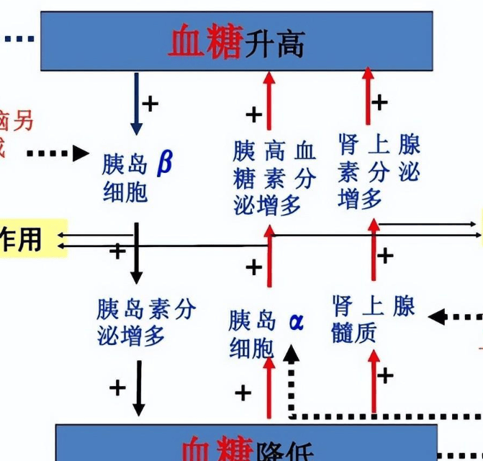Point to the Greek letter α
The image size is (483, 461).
296,321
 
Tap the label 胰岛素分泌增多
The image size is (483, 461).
146,322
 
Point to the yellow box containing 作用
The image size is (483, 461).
33,238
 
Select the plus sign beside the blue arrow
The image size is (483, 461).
150,103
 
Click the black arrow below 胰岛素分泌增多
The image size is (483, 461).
138,388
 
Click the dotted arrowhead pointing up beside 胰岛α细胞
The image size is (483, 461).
291,354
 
